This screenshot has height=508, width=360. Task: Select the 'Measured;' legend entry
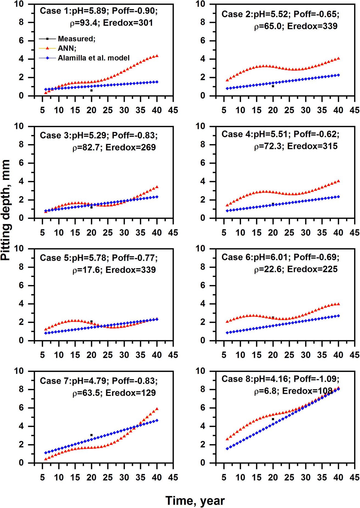pos(76,39)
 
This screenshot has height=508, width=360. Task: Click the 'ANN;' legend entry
pos(67,48)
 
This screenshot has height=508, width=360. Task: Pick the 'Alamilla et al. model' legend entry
pos(93,58)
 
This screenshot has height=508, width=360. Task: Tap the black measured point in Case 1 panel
pos(92,90)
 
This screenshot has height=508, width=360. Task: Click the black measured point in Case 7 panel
pos(92,435)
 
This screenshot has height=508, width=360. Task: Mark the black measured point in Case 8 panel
pos(273,419)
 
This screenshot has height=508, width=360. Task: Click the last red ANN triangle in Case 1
pos(157,56)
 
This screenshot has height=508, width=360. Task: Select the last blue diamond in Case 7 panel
pos(157,420)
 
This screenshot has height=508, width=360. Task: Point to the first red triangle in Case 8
pos(227,439)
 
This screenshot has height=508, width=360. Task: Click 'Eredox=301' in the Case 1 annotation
pos(128,23)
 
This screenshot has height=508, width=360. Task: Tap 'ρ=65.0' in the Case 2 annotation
pos(269,26)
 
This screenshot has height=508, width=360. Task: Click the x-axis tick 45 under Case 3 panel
pos(173,233)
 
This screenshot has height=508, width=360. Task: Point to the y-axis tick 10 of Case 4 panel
pos(201,126)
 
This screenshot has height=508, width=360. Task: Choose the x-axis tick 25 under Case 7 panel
pos(108,477)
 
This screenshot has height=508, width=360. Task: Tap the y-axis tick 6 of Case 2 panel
pos(203,41)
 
